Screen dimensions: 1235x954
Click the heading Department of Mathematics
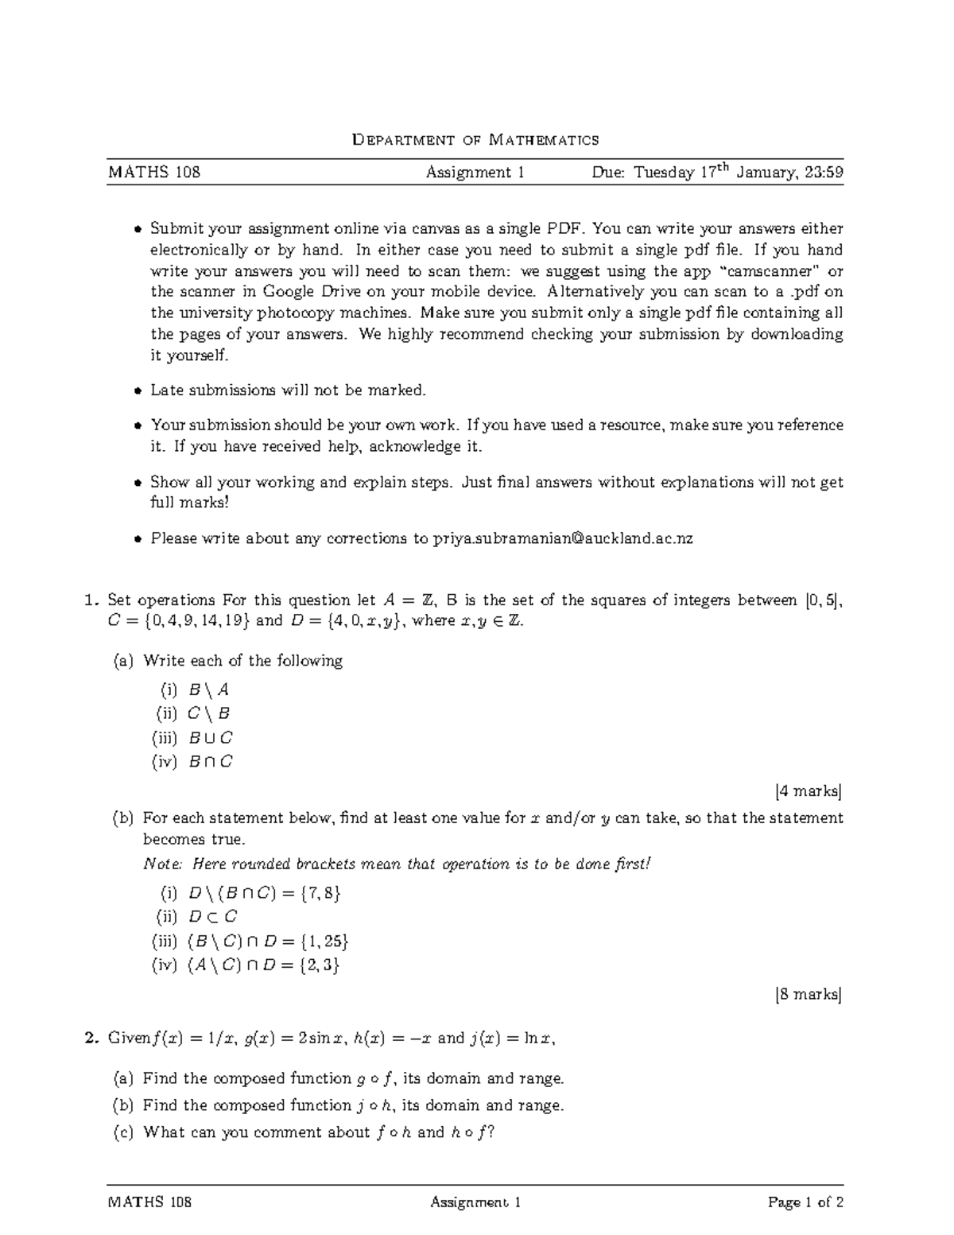tap(475, 141)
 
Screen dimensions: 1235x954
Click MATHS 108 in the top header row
tap(153, 173)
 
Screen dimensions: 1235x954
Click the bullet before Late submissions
tap(137, 390)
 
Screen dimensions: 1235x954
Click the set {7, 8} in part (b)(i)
tap(321, 893)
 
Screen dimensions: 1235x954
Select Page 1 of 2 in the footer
tap(805, 1202)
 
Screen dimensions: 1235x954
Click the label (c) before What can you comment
tap(123, 1132)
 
